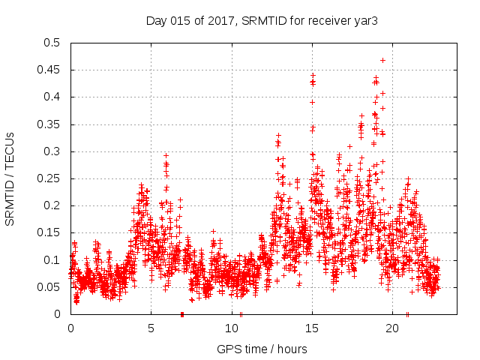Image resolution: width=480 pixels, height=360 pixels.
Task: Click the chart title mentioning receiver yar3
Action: tap(261, 21)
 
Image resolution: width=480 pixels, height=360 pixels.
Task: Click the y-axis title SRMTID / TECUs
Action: tap(10, 178)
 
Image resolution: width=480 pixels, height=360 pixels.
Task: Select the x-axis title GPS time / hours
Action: tap(262, 349)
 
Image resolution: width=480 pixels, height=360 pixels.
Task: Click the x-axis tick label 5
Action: tap(151, 328)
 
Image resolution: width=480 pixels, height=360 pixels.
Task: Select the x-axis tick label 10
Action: tap(231, 328)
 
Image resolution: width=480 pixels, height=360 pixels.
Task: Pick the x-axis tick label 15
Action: tap(311, 328)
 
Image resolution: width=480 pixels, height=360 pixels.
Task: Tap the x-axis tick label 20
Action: tap(391, 328)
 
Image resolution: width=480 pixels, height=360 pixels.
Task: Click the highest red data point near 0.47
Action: tap(382, 60)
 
